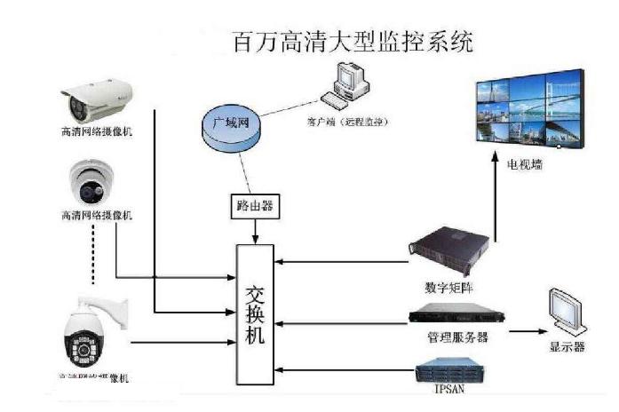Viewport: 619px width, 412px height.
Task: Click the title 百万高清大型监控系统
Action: click(352, 41)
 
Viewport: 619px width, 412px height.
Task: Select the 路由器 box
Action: click(255, 206)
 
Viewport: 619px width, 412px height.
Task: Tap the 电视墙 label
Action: click(525, 164)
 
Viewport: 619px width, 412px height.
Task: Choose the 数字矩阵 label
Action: click(450, 289)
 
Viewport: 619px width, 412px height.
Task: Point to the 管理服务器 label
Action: click(456, 338)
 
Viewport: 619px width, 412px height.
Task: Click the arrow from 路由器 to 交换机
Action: click(256, 229)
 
